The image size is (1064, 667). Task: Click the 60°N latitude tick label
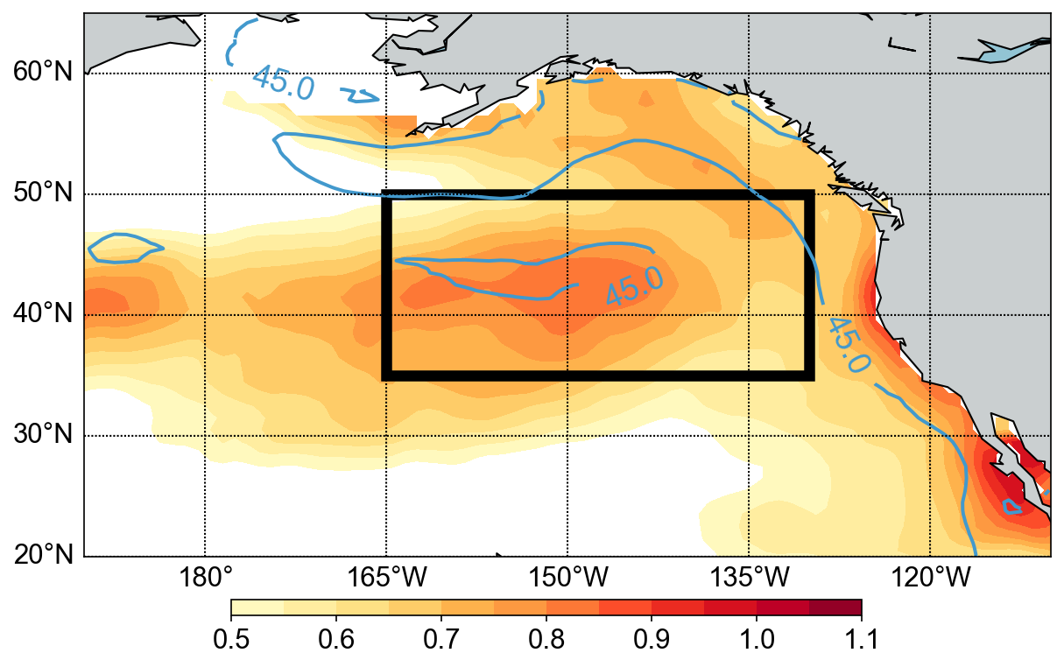point(42,73)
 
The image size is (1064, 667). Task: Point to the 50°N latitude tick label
point(42,193)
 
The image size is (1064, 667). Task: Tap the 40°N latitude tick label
point(42,314)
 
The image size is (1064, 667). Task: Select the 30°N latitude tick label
point(42,435)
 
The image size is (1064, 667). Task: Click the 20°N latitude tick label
point(42,556)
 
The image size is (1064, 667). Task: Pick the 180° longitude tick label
point(204,579)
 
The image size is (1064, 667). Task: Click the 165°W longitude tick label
point(385,579)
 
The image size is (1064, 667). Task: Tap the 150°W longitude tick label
point(567,579)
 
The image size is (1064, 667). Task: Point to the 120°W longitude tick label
point(929,579)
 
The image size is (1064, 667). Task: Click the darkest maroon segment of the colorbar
point(835,607)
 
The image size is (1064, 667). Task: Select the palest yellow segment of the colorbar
point(257,607)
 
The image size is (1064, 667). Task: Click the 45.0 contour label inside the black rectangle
point(635,285)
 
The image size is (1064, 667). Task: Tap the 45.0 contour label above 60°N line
point(282,82)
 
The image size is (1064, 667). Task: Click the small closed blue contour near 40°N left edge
point(125,248)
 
